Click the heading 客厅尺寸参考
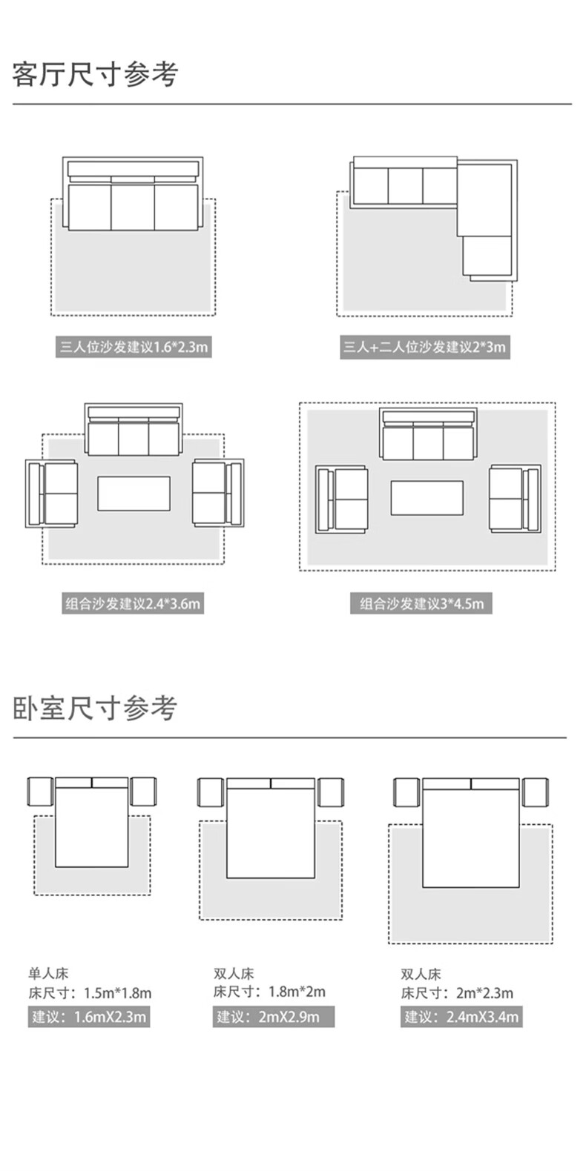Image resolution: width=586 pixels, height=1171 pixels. tap(95, 75)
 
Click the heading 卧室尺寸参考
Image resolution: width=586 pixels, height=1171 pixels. tap(95, 709)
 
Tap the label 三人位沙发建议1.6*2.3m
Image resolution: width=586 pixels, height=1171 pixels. tap(134, 347)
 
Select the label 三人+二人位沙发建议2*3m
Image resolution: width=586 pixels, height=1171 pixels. tap(425, 347)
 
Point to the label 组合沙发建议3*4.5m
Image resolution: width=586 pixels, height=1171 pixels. tap(421, 603)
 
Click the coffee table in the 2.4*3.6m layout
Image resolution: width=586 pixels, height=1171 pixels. tap(134, 494)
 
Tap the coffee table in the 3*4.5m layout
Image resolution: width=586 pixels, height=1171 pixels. tap(427, 498)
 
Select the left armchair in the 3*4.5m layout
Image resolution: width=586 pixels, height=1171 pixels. tap(341, 499)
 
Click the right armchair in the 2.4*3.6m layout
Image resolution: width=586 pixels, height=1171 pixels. tap(217, 494)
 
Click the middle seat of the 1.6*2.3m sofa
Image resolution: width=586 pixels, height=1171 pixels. tap(133, 207)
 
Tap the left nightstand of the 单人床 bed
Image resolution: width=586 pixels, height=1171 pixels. tap(41, 792)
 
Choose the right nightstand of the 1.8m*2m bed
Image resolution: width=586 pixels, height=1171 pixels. tap(331, 792)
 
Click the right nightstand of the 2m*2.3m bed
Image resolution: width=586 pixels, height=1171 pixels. tap(535, 792)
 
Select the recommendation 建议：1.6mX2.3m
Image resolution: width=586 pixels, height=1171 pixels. tap(89, 1017)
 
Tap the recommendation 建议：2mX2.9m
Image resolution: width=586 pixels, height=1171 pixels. tap(274, 1017)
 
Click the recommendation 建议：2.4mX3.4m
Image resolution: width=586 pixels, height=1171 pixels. tap(461, 1017)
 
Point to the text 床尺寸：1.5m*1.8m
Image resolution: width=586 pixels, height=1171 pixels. tap(90, 993)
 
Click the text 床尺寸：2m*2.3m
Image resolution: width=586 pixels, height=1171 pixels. tap(457, 993)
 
